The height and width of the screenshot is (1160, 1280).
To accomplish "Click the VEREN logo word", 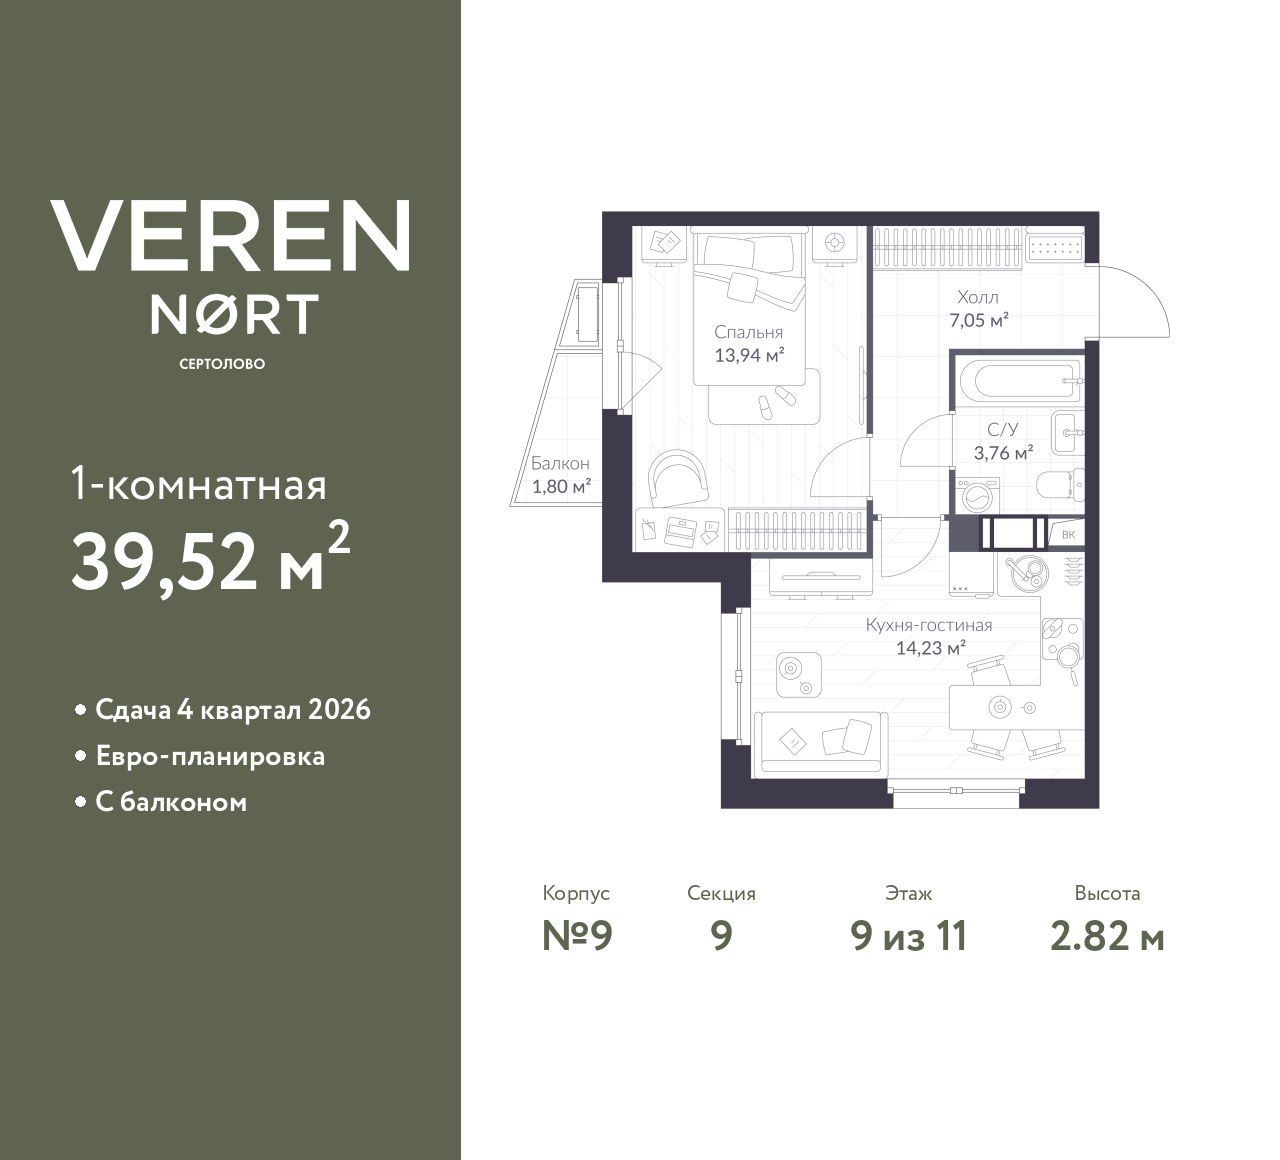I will pos(231,236).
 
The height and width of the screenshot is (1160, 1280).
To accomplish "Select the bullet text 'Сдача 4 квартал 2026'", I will pos(232,710).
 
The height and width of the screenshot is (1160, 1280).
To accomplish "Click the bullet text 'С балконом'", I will pos(171,802).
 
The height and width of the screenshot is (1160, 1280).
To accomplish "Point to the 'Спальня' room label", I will pos(748,332).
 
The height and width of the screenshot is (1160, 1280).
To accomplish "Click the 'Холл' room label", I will pos(977,297).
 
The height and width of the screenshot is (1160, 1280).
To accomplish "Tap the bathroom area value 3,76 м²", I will pos(1003,453).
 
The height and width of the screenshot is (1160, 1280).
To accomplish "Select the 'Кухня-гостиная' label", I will pos(928,625).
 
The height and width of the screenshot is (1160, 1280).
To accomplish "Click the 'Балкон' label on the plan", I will pos(560,464).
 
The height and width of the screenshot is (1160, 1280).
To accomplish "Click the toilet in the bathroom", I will pos(1058,486).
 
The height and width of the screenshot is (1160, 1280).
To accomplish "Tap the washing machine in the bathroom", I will pos(973,495).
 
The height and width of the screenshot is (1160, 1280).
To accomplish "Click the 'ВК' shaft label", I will pos(1068,534).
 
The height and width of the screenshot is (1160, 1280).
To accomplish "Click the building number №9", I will pos(576,936).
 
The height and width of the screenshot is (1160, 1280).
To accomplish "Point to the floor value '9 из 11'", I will pos(908,936).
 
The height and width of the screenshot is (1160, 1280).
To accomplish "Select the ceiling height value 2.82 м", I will pos(1107,936).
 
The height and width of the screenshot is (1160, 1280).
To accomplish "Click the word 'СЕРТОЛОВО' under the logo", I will pos(222,364).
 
